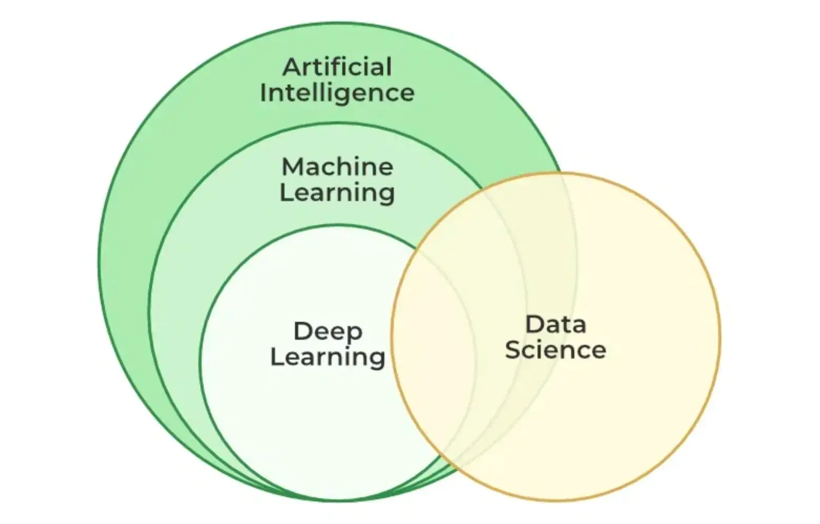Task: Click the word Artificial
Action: (x=338, y=67)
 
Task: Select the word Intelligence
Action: (x=337, y=93)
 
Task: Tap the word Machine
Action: (x=338, y=167)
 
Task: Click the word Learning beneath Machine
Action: (x=337, y=192)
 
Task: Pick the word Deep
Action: (x=328, y=332)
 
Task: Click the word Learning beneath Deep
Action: (x=328, y=357)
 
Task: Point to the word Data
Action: (x=555, y=324)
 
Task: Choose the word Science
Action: (x=555, y=350)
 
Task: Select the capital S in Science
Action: (x=513, y=350)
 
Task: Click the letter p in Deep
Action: (x=354, y=334)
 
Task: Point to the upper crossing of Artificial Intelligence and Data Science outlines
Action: (x=561, y=173)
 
